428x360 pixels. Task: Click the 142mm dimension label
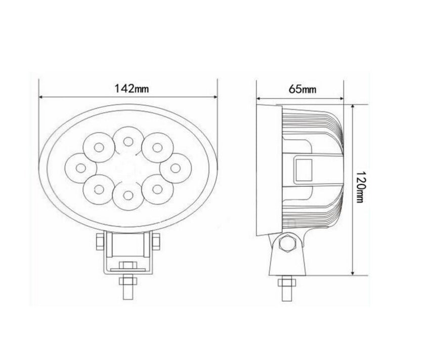point(131,88)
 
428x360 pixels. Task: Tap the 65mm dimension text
point(302,89)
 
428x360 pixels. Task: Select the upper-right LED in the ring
point(157,148)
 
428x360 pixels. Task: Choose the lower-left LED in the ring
point(99,189)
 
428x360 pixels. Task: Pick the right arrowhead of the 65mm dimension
point(345,97)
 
